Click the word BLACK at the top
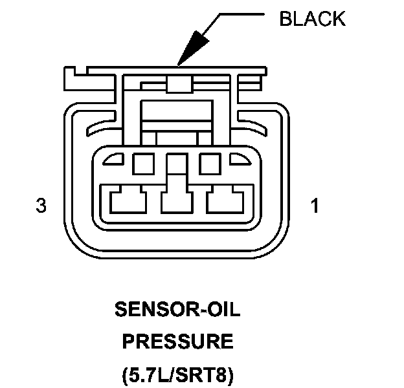pos(312,19)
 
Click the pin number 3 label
pos(41,206)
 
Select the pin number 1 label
pos(314,206)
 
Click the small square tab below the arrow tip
pos(176,85)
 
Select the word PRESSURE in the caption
pos(177,341)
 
